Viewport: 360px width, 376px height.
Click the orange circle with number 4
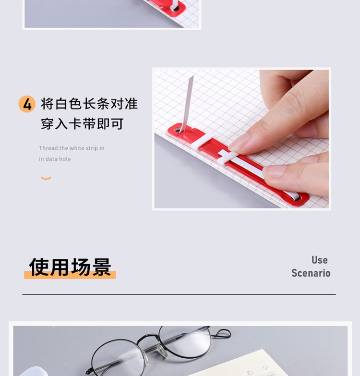(x=27, y=104)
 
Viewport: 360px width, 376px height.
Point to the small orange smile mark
(x=46, y=178)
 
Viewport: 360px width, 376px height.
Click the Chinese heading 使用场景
(x=70, y=267)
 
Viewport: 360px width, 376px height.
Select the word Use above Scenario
(x=320, y=260)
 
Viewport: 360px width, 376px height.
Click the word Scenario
(x=311, y=273)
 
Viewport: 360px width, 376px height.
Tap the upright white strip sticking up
(x=187, y=104)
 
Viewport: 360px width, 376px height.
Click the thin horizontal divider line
(x=179, y=294)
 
